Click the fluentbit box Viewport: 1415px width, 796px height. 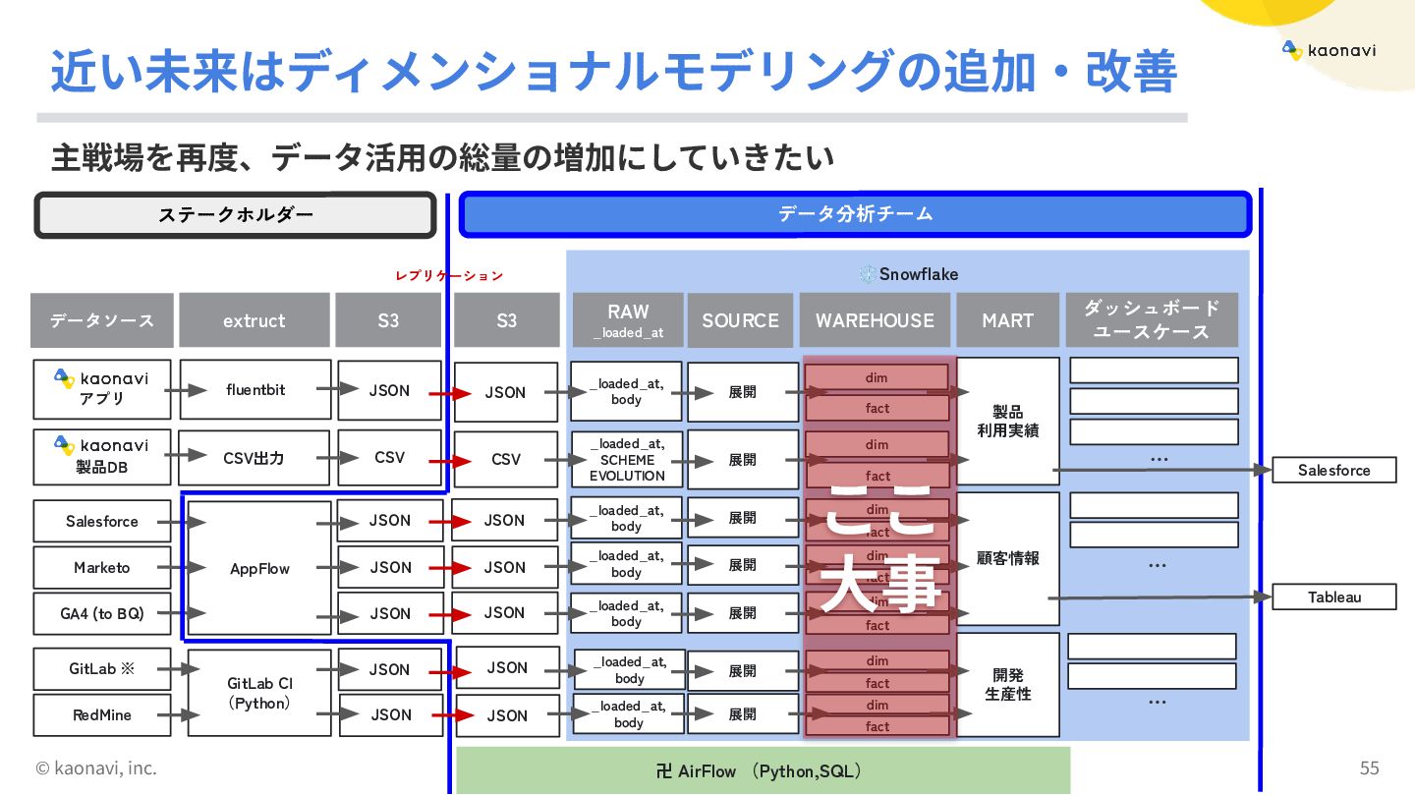click(255, 390)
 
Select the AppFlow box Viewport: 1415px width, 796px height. click(259, 569)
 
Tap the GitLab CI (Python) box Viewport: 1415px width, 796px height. click(259, 693)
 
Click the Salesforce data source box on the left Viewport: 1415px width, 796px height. click(101, 522)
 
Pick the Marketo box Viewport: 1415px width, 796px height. click(101, 568)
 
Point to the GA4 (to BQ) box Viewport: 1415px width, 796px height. click(101, 614)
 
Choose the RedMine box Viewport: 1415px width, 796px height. click(101, 715)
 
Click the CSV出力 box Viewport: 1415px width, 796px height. click(255, 458)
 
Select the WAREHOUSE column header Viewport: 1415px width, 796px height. click(875, 320)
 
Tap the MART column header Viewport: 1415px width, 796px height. click(1007, 320)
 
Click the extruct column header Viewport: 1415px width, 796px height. click(254, 320)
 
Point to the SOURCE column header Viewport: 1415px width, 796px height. click(740, 320)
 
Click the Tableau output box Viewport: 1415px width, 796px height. click(1333, 597)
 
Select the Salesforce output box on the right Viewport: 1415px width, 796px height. click(1333, 471)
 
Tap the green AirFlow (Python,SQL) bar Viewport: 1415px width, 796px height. click(763, 770)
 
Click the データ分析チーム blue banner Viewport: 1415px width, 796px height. click(855, 214)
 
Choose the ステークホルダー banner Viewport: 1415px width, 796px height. click(235, 215)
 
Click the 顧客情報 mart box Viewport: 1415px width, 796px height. click(1007, 558)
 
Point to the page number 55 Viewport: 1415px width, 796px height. click(1369, 768)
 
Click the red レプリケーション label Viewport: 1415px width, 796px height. click(449, 276)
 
